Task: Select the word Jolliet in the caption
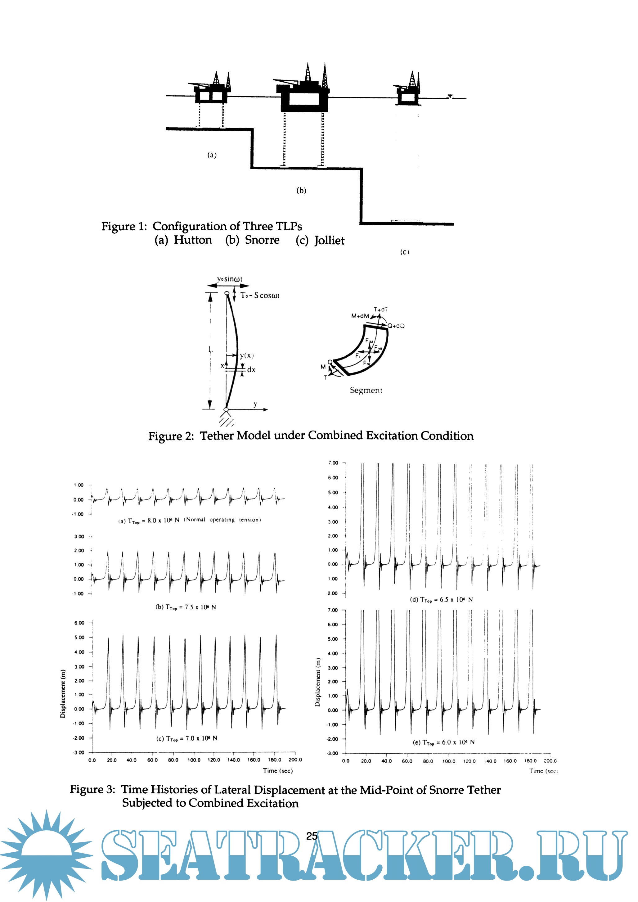coord(329,241)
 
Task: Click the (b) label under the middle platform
coord(301,191)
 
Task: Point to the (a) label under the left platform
coord(212,155)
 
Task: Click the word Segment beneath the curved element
coord(366,390)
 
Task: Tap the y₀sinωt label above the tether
coord(230,279)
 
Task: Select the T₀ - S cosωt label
coord(260,295)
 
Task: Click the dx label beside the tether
coord(251,370)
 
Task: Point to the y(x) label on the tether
coord(247,355)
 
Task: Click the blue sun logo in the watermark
coord(46,855)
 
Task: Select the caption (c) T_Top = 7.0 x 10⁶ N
coord(186,738)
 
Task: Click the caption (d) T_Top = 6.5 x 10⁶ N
coord(441,599)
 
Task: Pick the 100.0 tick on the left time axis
coord(194,760)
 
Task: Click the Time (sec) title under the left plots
coord(278,771)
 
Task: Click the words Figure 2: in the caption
coord(171,436)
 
